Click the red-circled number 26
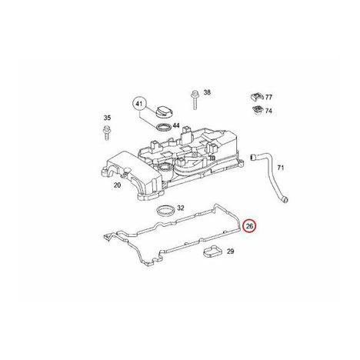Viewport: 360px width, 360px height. point(249,226)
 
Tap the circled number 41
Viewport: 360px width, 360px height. point(138,104)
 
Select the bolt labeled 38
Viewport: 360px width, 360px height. point(195,100)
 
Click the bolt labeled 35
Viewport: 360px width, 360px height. point(107,133)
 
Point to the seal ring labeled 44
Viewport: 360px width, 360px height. point(163,127)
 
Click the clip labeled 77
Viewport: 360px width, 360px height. point(257,97)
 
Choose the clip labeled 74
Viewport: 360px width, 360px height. point(257,110)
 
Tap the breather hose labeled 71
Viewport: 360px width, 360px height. point(269,177)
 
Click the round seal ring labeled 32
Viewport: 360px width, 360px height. point(165,211)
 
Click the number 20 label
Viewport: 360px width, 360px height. point(117,185)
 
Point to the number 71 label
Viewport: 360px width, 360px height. point(281,168)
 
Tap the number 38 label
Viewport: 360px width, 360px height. point(207,92)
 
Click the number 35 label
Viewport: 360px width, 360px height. point(107,118)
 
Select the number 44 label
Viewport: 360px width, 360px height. point(176,125)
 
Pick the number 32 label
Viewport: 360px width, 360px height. point(181,208)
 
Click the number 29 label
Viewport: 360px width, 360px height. point(231,252)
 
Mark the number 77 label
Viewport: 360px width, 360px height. point(268,97)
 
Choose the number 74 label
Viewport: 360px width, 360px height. point(268,111)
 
